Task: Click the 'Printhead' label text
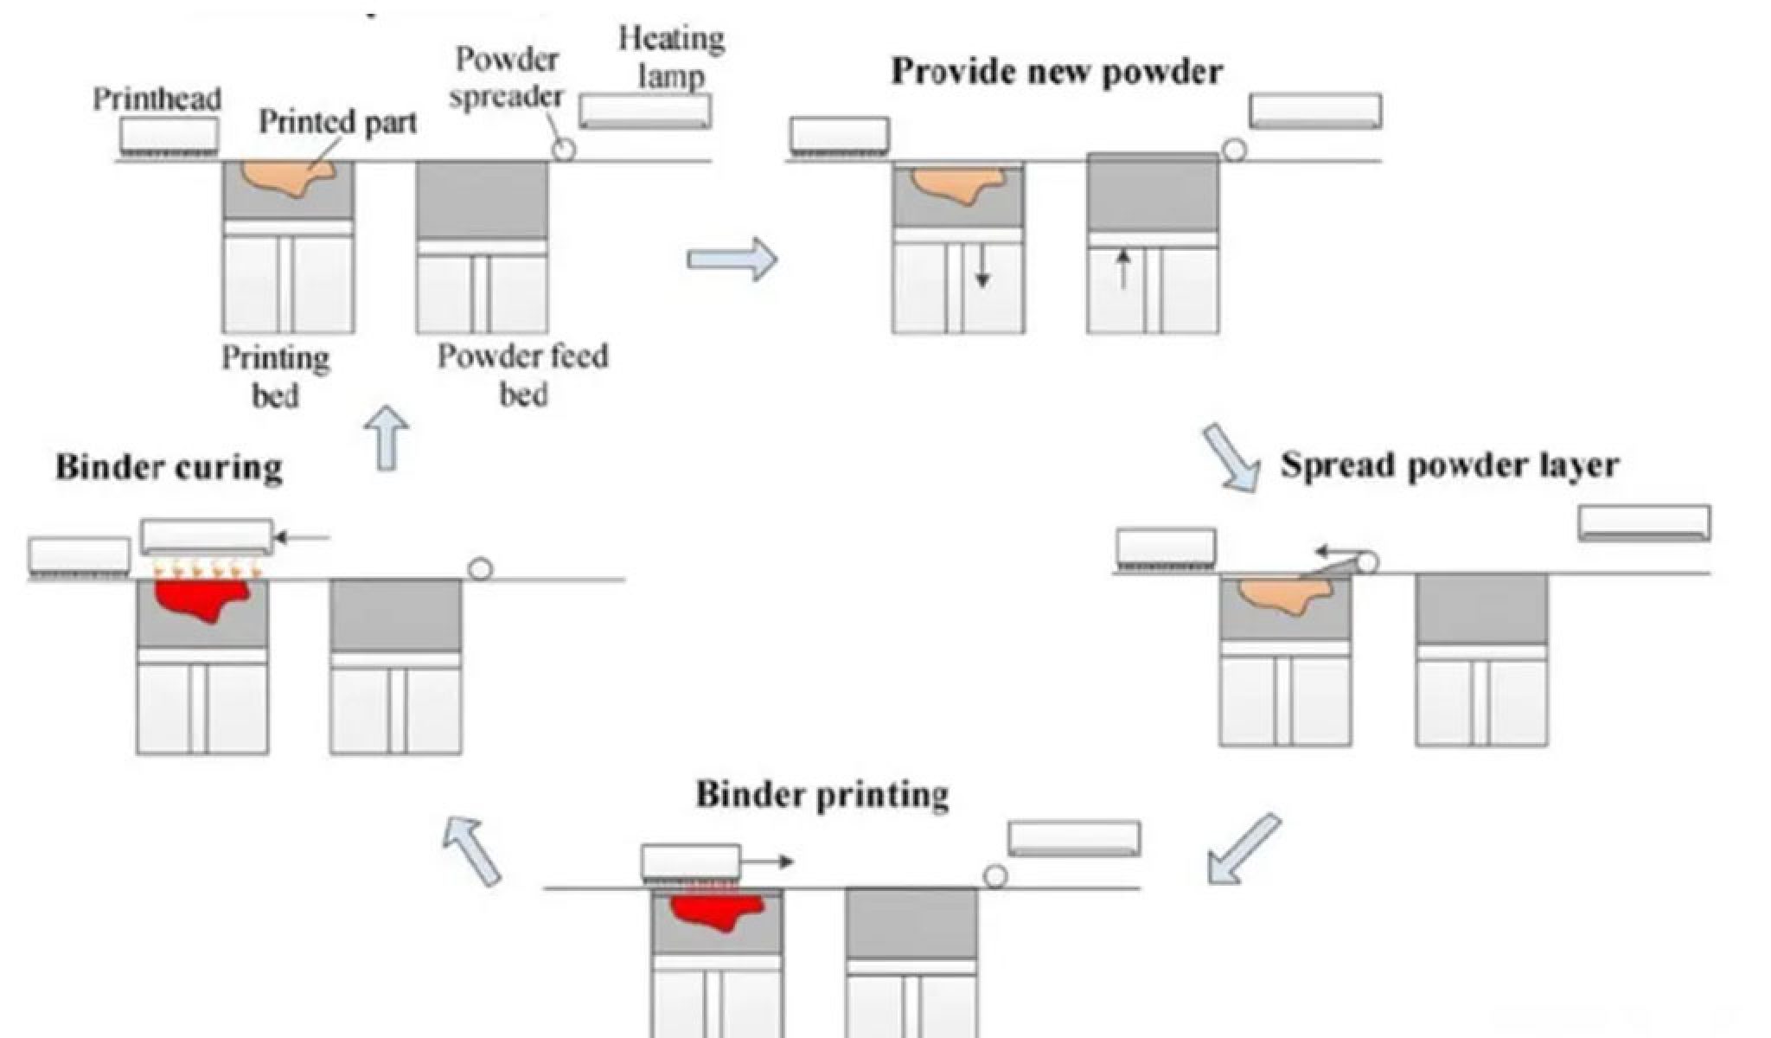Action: [x=157, y=99]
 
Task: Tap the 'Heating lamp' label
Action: [x=672, y=57]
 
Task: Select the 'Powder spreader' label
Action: [x=507, y=78]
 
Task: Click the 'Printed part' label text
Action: [x=337, y=122]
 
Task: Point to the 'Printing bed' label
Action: [x=275, y=376]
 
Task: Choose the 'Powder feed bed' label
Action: [x=522, y=375]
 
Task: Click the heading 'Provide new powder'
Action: [x=1056, y=72]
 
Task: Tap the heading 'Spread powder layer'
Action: [x=1449, y=465]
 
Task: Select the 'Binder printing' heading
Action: [x=822, y=794]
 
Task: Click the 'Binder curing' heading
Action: [x=169, y=467]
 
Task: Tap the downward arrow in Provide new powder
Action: [x=981, y=269]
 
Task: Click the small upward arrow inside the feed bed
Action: [x=1122, y=269]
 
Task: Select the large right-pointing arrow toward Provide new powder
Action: [x=732, y=259]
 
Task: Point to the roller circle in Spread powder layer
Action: [x=1367, y=563]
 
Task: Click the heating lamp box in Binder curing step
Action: [x=207, y=536]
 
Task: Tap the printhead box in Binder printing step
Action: [x=690, y=862]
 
